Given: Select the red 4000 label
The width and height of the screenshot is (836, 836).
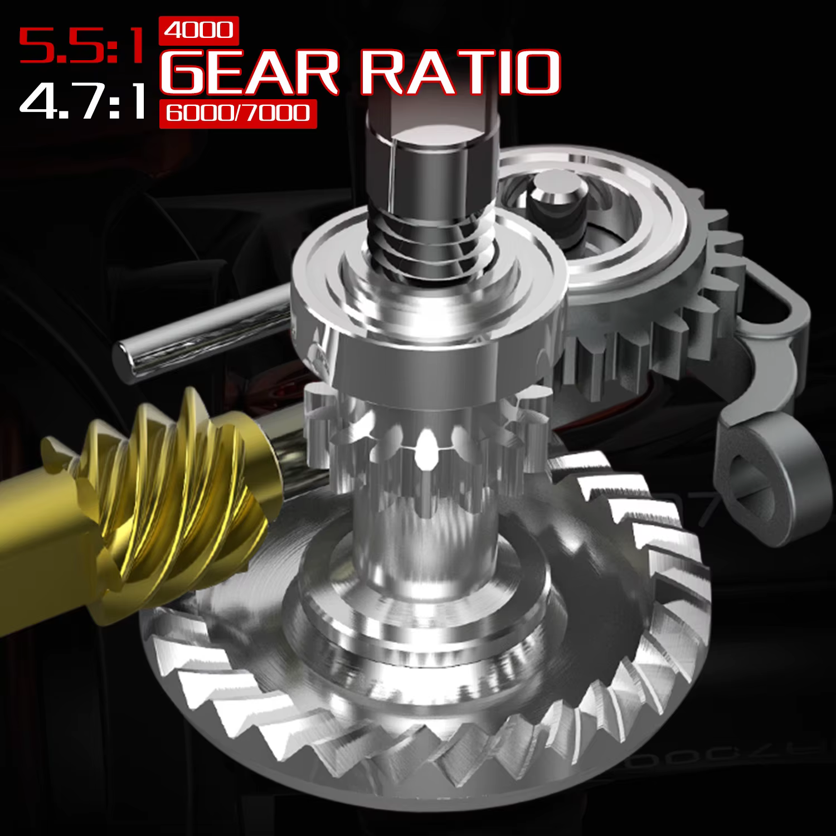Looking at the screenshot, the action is tap(199, 31).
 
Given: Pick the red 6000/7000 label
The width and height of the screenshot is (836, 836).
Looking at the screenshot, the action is tap(238, 114).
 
